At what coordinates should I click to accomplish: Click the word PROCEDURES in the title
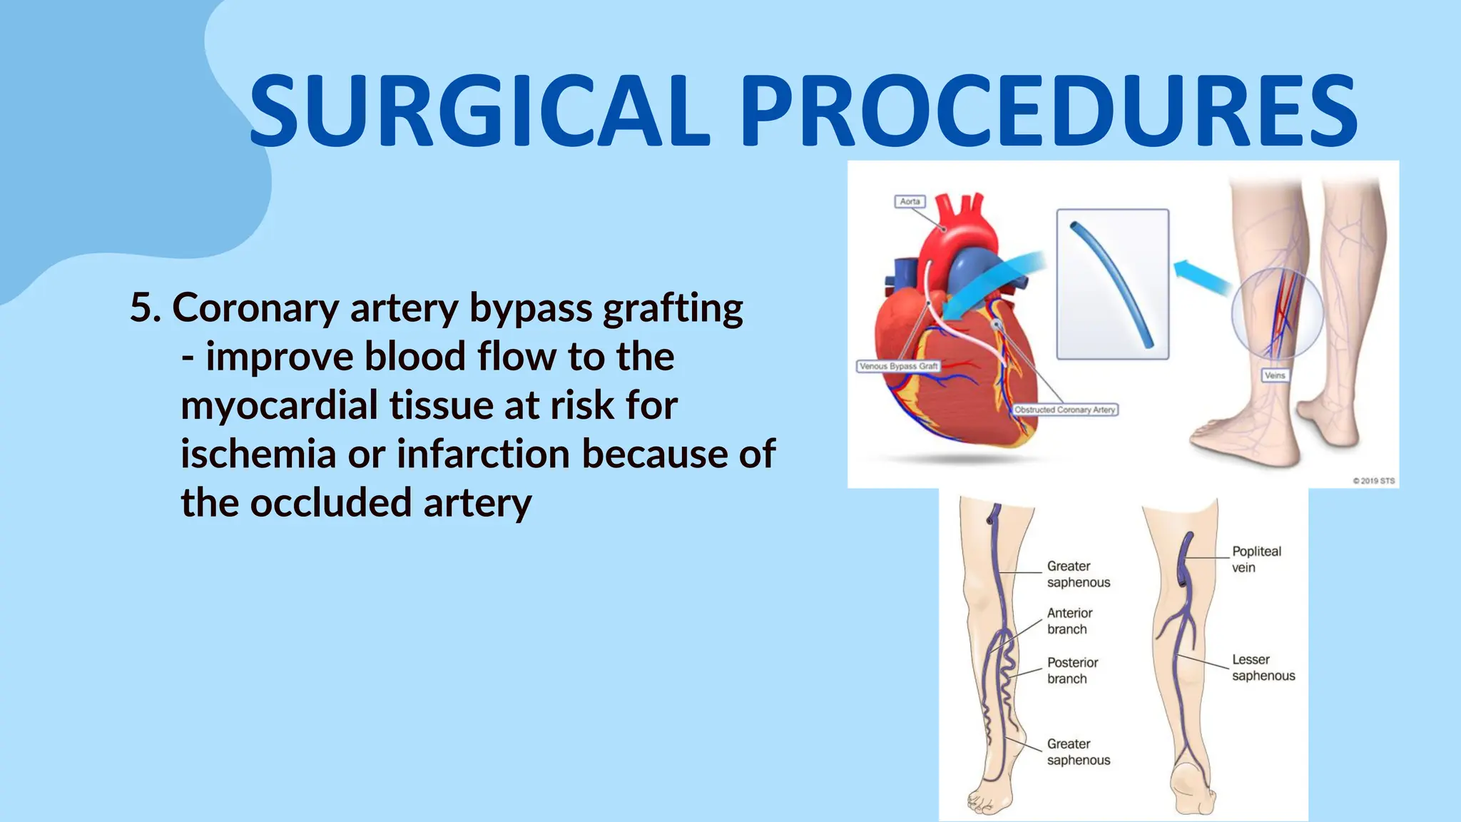tap(1049, 111)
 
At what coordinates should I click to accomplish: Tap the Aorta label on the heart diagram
tap(910, 202)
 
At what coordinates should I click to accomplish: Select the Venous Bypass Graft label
tap(898, 366)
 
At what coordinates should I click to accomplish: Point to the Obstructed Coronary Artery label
tap(1064, 410)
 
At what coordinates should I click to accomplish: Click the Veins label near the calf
tap(1275, 375)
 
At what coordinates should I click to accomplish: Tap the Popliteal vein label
tap(1256, 559)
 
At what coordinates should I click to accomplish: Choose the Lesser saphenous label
tap(1263, 668)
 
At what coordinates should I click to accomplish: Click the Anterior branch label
tap(1069, 621)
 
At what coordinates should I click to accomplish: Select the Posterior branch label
tap(1072, 671)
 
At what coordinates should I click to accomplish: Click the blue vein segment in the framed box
tap(1113, 285)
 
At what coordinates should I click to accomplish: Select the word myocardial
tap(285, 405)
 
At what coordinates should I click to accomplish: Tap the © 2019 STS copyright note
tap(1373, 481)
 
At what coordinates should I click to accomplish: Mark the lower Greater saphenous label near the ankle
tap(1078, 752)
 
